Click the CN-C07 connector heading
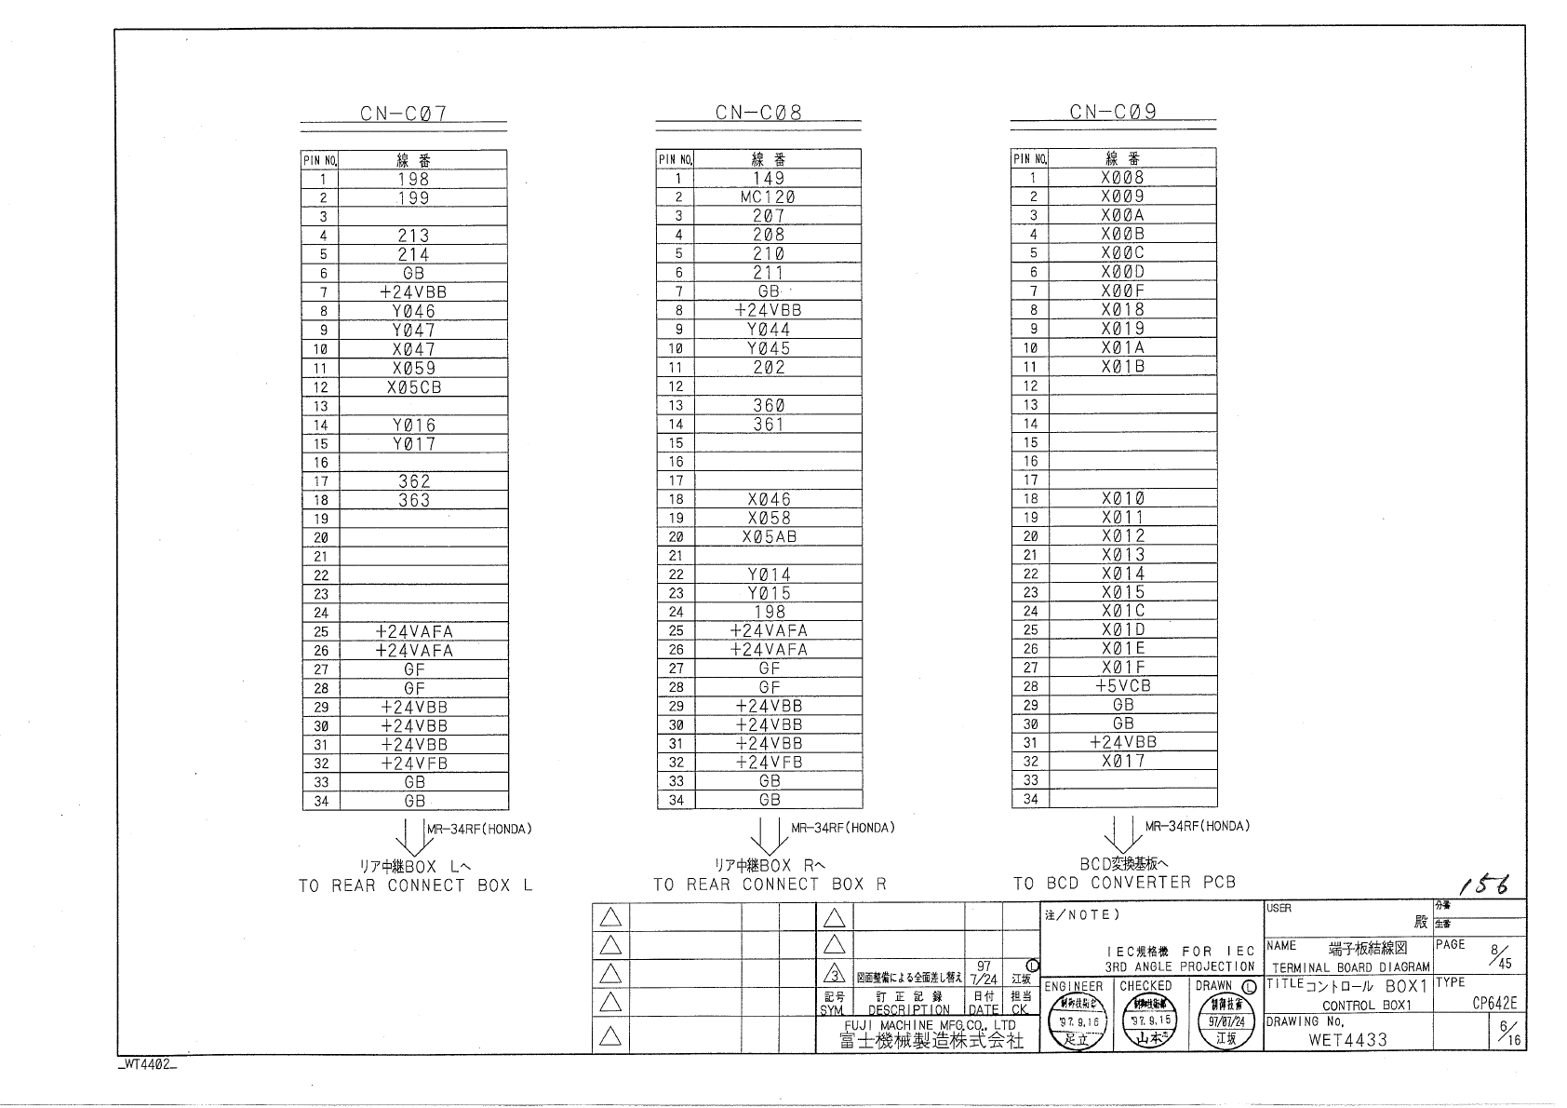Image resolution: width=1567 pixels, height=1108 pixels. [x=403, y=114]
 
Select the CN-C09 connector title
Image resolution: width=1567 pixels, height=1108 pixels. [x=1113, y=112]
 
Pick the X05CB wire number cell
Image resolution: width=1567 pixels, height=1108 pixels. [x=414, y=387]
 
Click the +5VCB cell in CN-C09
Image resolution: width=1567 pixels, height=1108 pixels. [x=1123, y=686]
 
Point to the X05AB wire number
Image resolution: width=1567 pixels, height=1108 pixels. [x=769, y=537]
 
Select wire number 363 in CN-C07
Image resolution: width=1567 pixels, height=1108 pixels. [x=414, y=501]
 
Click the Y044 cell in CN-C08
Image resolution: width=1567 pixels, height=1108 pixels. [x=769, y=330]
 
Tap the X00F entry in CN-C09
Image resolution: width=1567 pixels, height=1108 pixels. [x=1123, y=291]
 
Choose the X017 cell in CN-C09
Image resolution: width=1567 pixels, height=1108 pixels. [x=1123, y=762]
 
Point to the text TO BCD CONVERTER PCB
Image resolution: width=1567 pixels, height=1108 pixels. [x=1124, y=883]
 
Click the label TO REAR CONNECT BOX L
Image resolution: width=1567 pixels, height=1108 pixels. [x=415, y=885]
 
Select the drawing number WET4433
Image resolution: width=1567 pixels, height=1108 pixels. [x=1347, y=1040]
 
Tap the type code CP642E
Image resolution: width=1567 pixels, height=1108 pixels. [x=1494, y=1004]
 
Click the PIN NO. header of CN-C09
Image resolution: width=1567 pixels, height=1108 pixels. [x=1030, y=159]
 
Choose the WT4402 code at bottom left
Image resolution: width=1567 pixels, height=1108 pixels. [x=147, y=1065]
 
